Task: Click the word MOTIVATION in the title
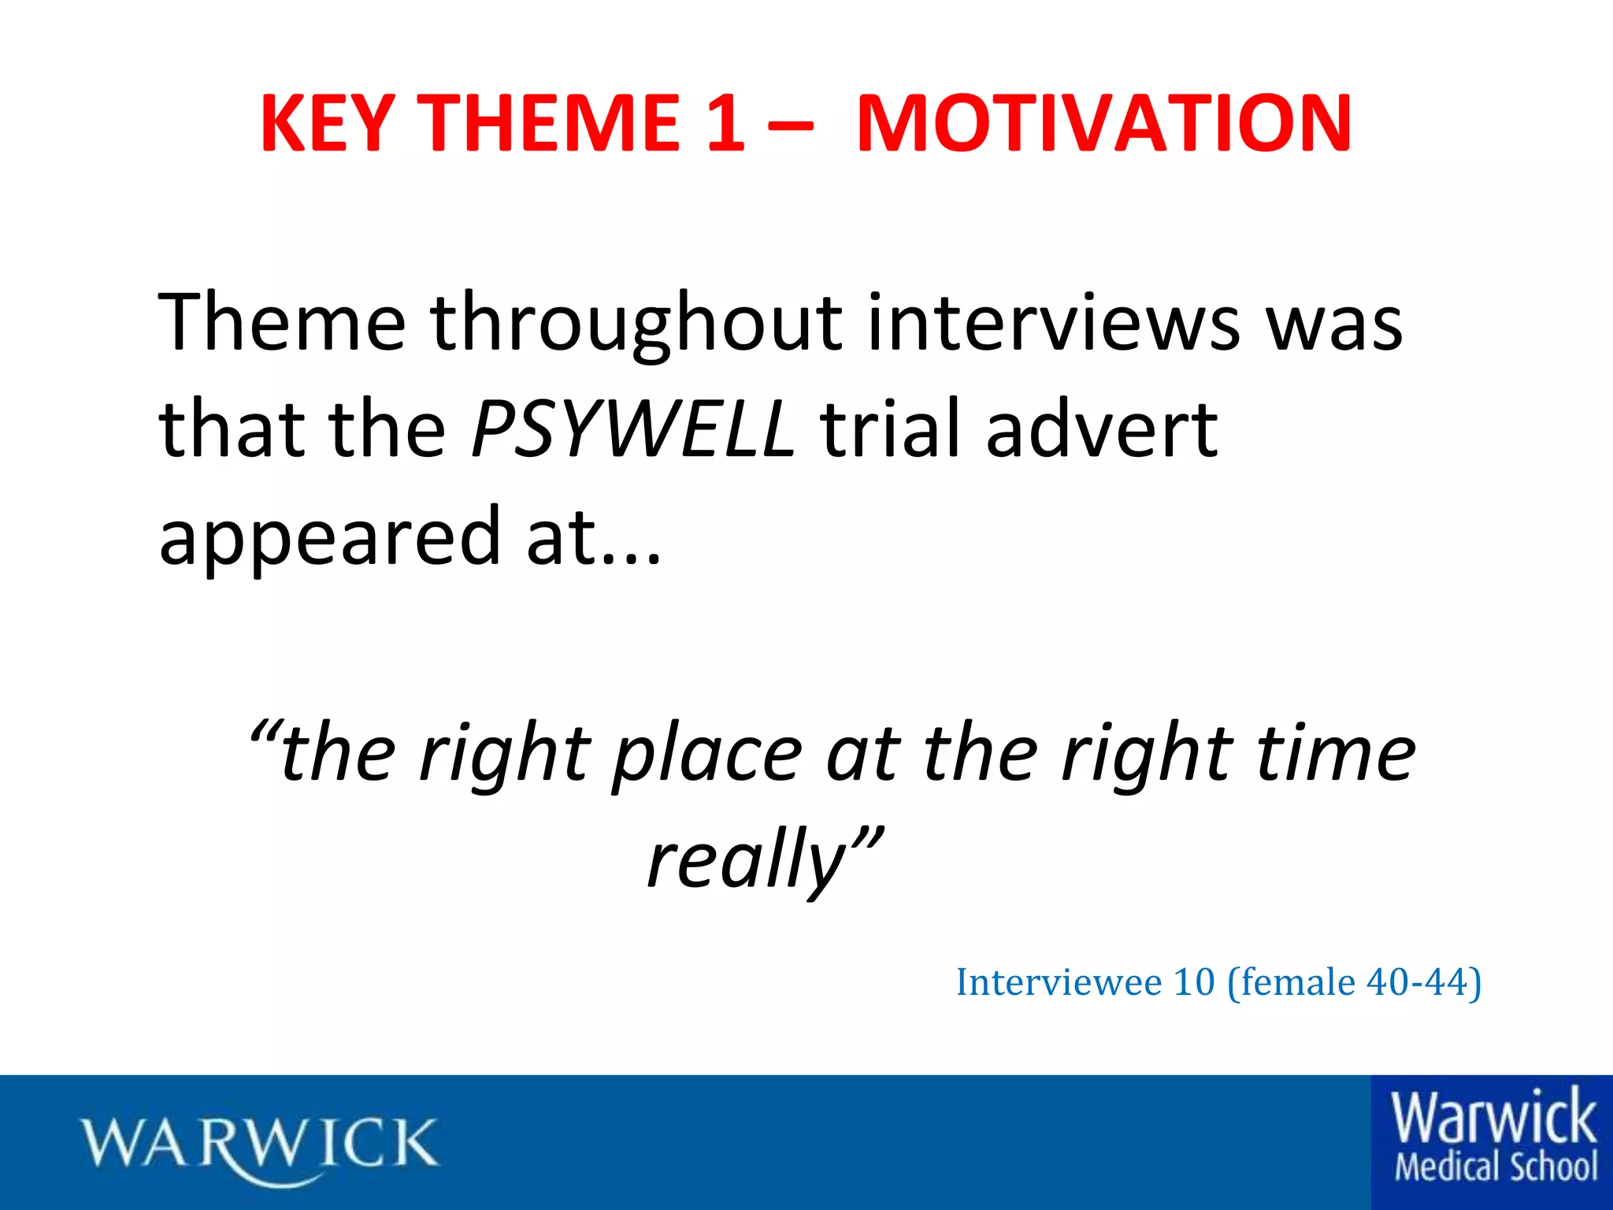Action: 1104,124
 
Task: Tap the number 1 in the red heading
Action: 724,124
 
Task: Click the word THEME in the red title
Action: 548,124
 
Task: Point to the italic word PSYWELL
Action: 632,429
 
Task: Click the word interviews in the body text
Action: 1053,322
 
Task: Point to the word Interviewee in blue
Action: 1059,982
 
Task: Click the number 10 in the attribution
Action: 1194,982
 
